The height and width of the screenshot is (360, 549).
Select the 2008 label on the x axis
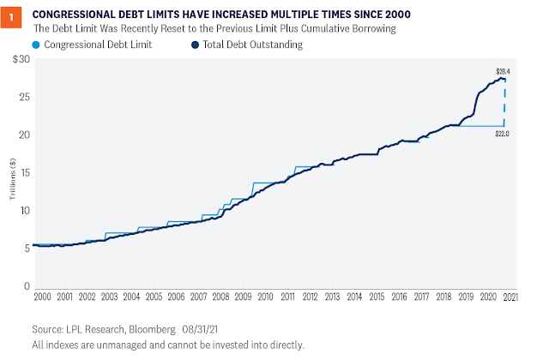tap(220, 296)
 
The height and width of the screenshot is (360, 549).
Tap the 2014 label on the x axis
tap(354, 296)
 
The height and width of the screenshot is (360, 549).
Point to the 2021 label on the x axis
tap(509, 296)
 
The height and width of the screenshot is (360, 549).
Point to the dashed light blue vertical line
tap(504, 103)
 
